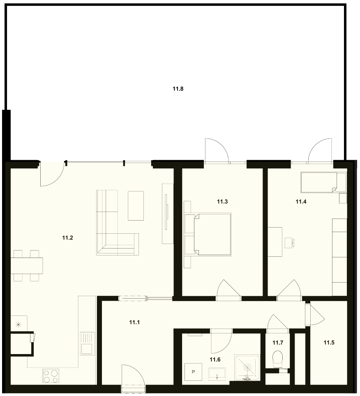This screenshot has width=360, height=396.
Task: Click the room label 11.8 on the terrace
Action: pos(178,89)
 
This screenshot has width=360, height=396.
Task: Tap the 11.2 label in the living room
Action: pos(67,238)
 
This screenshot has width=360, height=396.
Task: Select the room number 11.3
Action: pos(222,202)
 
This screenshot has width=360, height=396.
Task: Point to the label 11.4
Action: pos(301,202)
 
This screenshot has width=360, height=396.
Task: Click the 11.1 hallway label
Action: pos(134,322)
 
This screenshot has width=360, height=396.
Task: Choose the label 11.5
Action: pos(329,343)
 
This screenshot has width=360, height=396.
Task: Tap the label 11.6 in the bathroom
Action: pos(215,359)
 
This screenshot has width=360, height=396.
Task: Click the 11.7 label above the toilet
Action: pos(278,343)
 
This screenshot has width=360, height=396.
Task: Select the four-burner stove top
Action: pos(51,376)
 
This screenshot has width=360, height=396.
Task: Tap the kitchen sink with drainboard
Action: pos(88,344)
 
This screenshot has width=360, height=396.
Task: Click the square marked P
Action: pos(194,372)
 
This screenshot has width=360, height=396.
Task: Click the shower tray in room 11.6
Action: pos(247,368)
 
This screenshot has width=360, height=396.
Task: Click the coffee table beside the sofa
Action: pos(136,205)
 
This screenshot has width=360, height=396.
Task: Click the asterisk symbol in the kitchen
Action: pos(18,325)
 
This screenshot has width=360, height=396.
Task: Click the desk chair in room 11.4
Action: pos(289,243)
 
